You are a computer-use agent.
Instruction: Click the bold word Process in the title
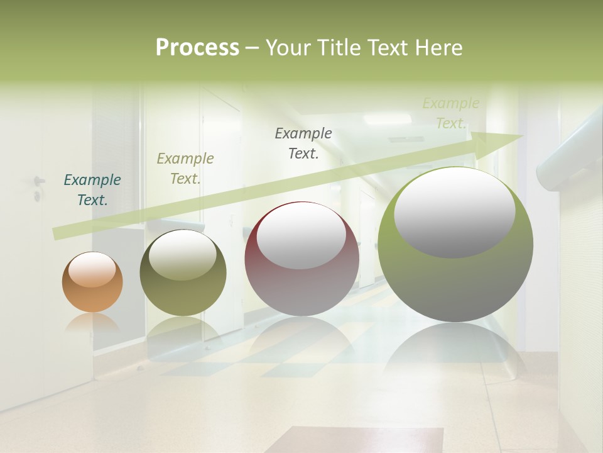(x=197, y=47)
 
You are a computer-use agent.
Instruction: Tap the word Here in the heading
(x=438, y=47)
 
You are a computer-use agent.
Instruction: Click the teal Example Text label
(x=92, y=190)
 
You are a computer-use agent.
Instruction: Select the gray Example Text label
(x=303, y=143)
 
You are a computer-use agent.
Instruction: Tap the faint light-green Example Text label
(x=450, y=113)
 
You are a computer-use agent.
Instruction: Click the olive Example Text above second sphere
(x=185, y=169)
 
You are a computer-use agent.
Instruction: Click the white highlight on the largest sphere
(x=454, y=213)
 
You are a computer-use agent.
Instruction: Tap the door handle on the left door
(x=38, y=182)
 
